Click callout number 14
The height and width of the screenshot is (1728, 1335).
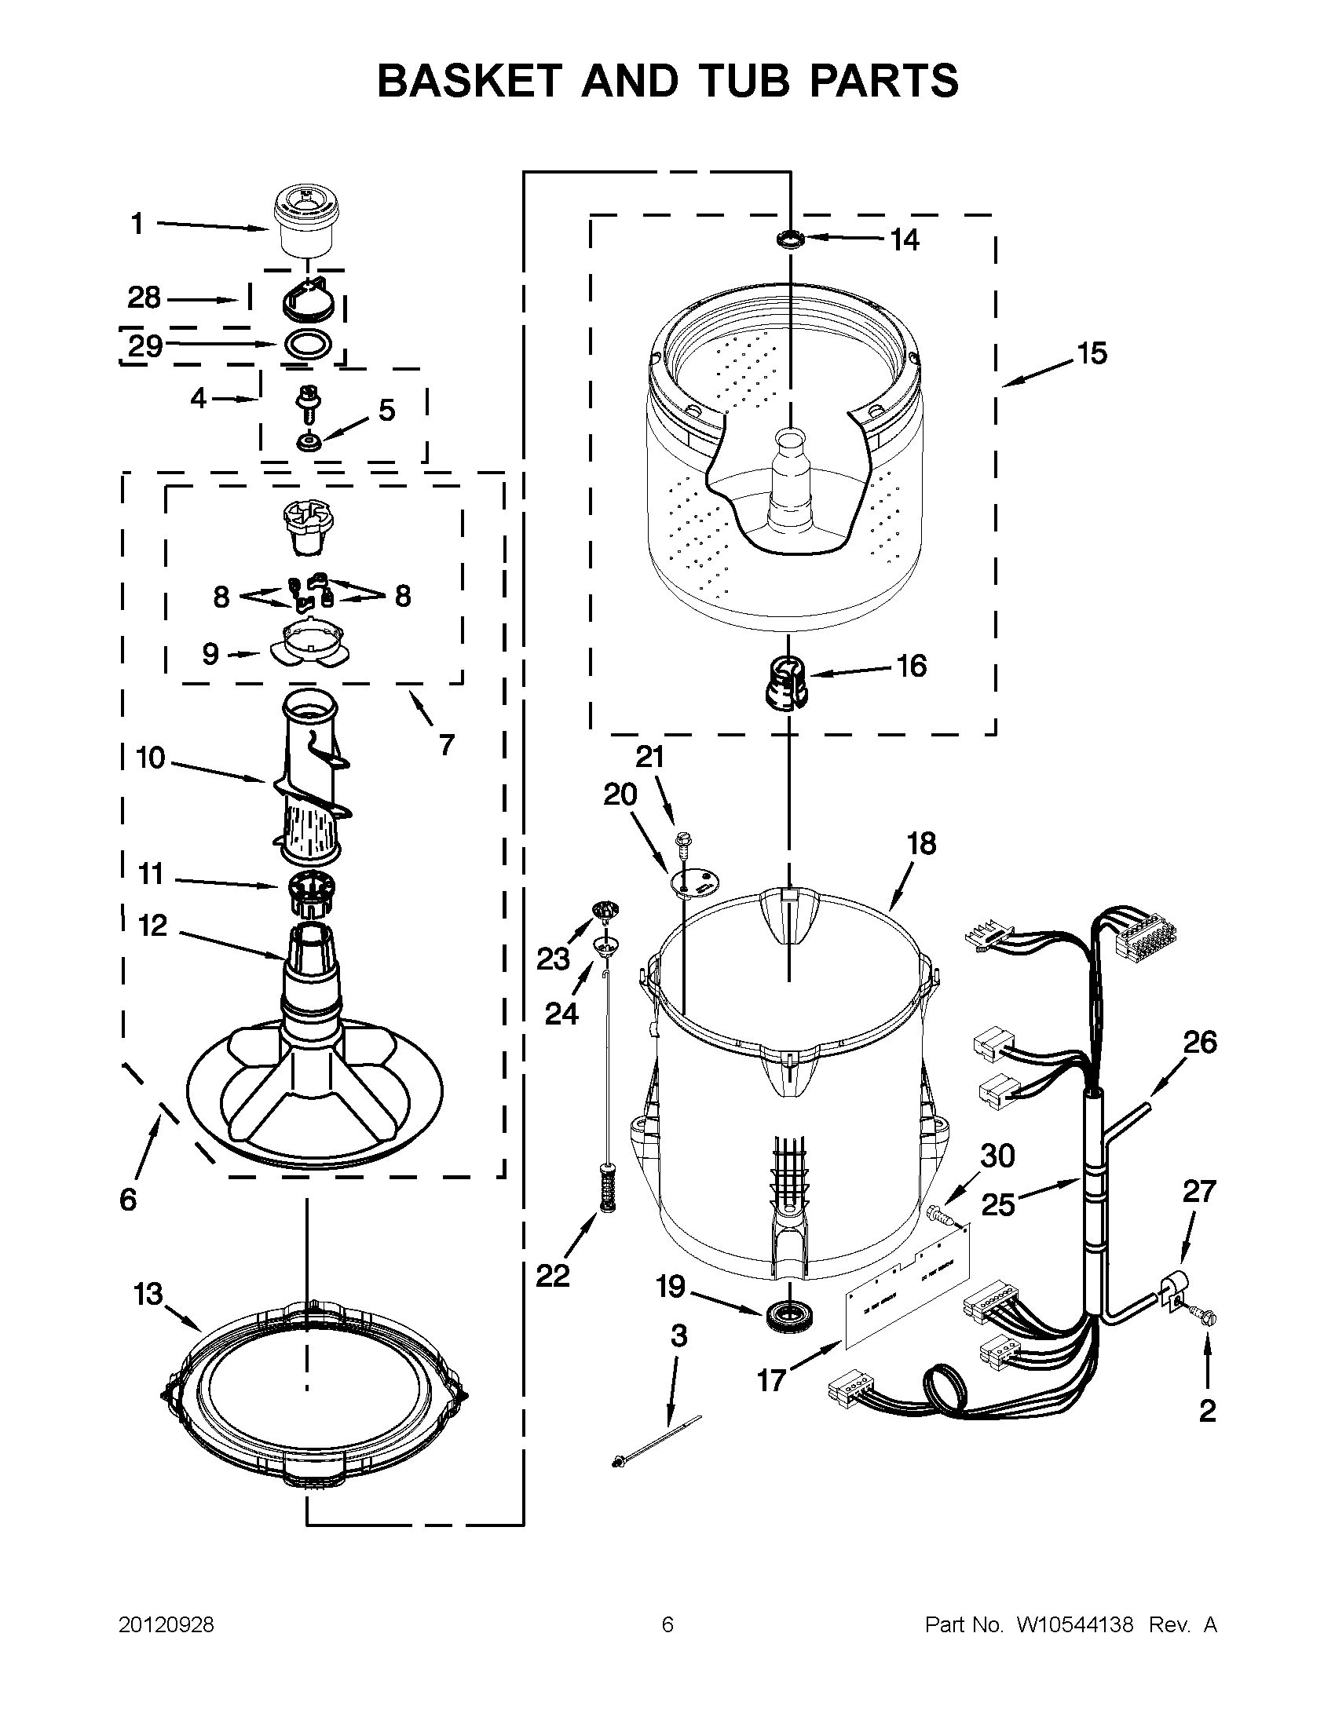click(x=905, y=239)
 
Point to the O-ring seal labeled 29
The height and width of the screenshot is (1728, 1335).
click(x=305, y=345)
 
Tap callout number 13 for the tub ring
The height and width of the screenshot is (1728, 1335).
click(x=148, y=1295)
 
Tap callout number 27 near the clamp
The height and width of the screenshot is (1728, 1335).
click(x=1198, y=1191)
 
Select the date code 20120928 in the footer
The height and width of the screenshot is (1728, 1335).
click(x=166, y=1625)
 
